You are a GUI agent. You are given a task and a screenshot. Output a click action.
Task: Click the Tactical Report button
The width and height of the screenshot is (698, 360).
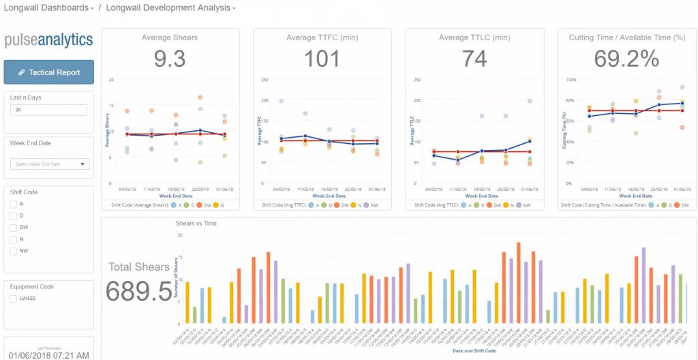[48, 72]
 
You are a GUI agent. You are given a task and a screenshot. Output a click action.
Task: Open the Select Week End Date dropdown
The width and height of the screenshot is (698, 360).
[50, 164]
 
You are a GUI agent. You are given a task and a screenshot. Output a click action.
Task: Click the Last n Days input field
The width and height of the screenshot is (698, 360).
[48, 110]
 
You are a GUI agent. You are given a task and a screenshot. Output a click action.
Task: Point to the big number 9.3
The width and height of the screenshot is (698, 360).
[170, 59]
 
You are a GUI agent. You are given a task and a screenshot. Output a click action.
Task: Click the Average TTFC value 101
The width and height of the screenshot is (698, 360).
[322, 59]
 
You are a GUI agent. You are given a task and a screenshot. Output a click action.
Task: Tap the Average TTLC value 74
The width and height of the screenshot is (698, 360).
[474, 59]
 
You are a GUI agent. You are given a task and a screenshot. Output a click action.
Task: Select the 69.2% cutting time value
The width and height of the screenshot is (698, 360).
[626, 59]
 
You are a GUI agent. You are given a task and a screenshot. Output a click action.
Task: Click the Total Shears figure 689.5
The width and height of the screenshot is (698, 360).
[139, 291]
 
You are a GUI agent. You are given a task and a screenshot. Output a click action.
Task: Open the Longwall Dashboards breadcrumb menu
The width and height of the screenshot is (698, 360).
[49, 8]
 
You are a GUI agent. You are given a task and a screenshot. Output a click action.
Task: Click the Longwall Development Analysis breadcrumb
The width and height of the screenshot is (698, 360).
[170, 8]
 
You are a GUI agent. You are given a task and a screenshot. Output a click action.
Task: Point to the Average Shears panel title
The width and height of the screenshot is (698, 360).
[170, 37]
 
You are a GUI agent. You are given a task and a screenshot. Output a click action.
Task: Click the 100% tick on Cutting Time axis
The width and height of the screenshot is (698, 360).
[571, 80]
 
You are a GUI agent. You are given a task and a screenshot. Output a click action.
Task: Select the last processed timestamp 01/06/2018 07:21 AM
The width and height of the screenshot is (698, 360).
[48, 355]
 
